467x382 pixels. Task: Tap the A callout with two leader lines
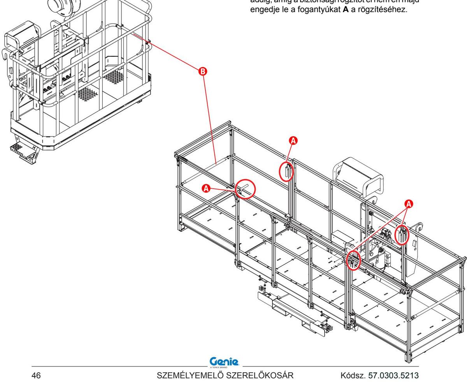(x=409, y=203)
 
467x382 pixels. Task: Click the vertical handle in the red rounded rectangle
(x=287, y=172)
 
